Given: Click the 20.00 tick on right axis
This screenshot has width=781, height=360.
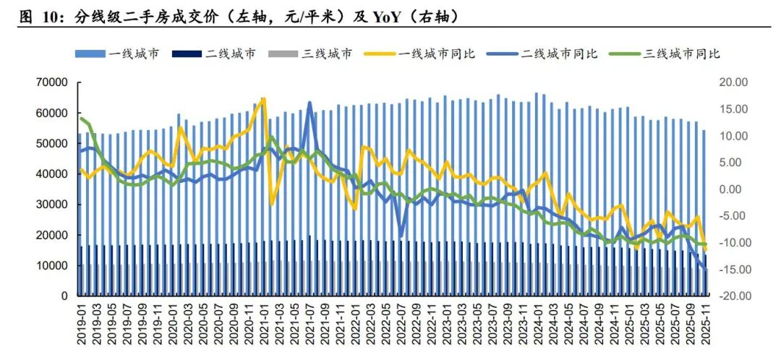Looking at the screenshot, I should coord(734,82).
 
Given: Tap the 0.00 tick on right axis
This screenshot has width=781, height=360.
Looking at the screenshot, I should coord(735,189).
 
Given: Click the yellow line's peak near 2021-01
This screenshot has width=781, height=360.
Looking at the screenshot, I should coord(263,98).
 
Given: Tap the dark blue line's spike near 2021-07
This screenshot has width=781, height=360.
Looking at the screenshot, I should coord(310,103).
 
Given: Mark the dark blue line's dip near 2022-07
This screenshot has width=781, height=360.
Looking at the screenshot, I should coord(401,235).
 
